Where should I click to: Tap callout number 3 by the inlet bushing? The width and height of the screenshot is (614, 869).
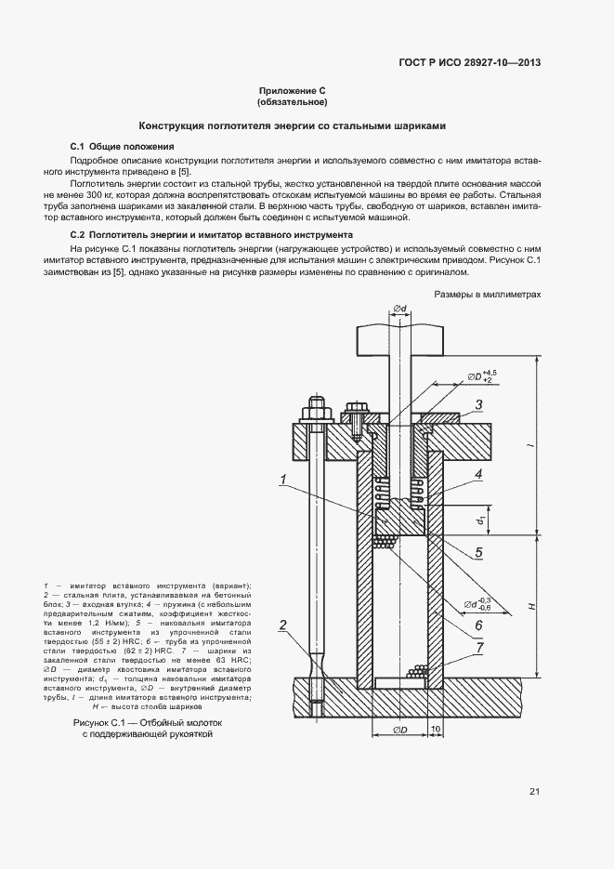(477, 404)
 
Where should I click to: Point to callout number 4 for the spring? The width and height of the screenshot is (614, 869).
(477, 474)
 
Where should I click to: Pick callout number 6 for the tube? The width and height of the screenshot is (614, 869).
(477, 625)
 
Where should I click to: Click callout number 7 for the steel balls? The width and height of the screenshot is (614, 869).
(477, 650)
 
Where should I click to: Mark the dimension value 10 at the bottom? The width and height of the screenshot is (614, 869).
(436, 728)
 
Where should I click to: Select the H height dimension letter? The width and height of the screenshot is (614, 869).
(532, 606)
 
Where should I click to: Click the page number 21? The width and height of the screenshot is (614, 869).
(534, 792)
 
